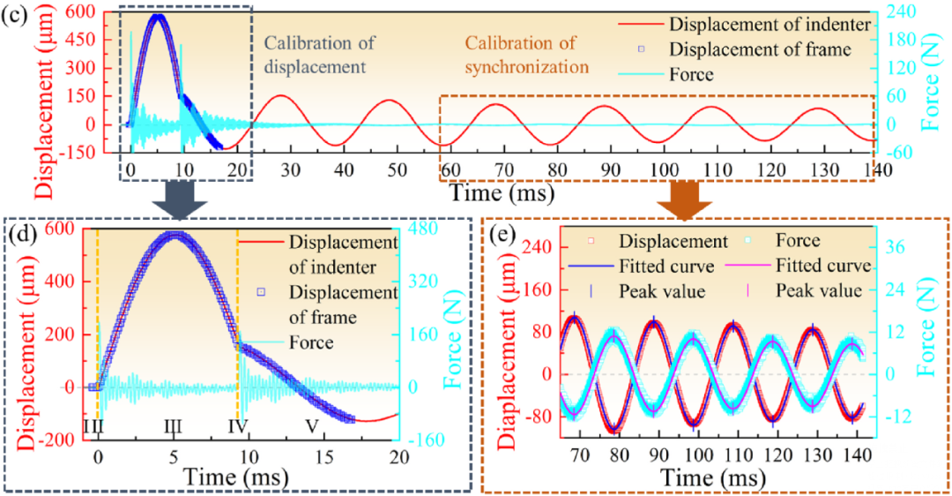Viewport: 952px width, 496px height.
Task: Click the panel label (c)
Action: coord(14,16)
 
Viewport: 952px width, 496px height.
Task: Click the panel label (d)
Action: coord(24,233)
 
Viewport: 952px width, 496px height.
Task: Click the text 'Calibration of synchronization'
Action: coord(527,55)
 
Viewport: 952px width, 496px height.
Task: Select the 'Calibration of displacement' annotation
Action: coord(319,55)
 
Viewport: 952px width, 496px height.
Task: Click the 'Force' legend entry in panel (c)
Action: coord(666,74)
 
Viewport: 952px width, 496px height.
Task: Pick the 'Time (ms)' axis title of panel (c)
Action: coord(502,192)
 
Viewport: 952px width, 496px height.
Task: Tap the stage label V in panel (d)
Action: coord(311,426)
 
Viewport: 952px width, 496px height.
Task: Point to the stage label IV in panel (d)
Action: coord(239,426)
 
